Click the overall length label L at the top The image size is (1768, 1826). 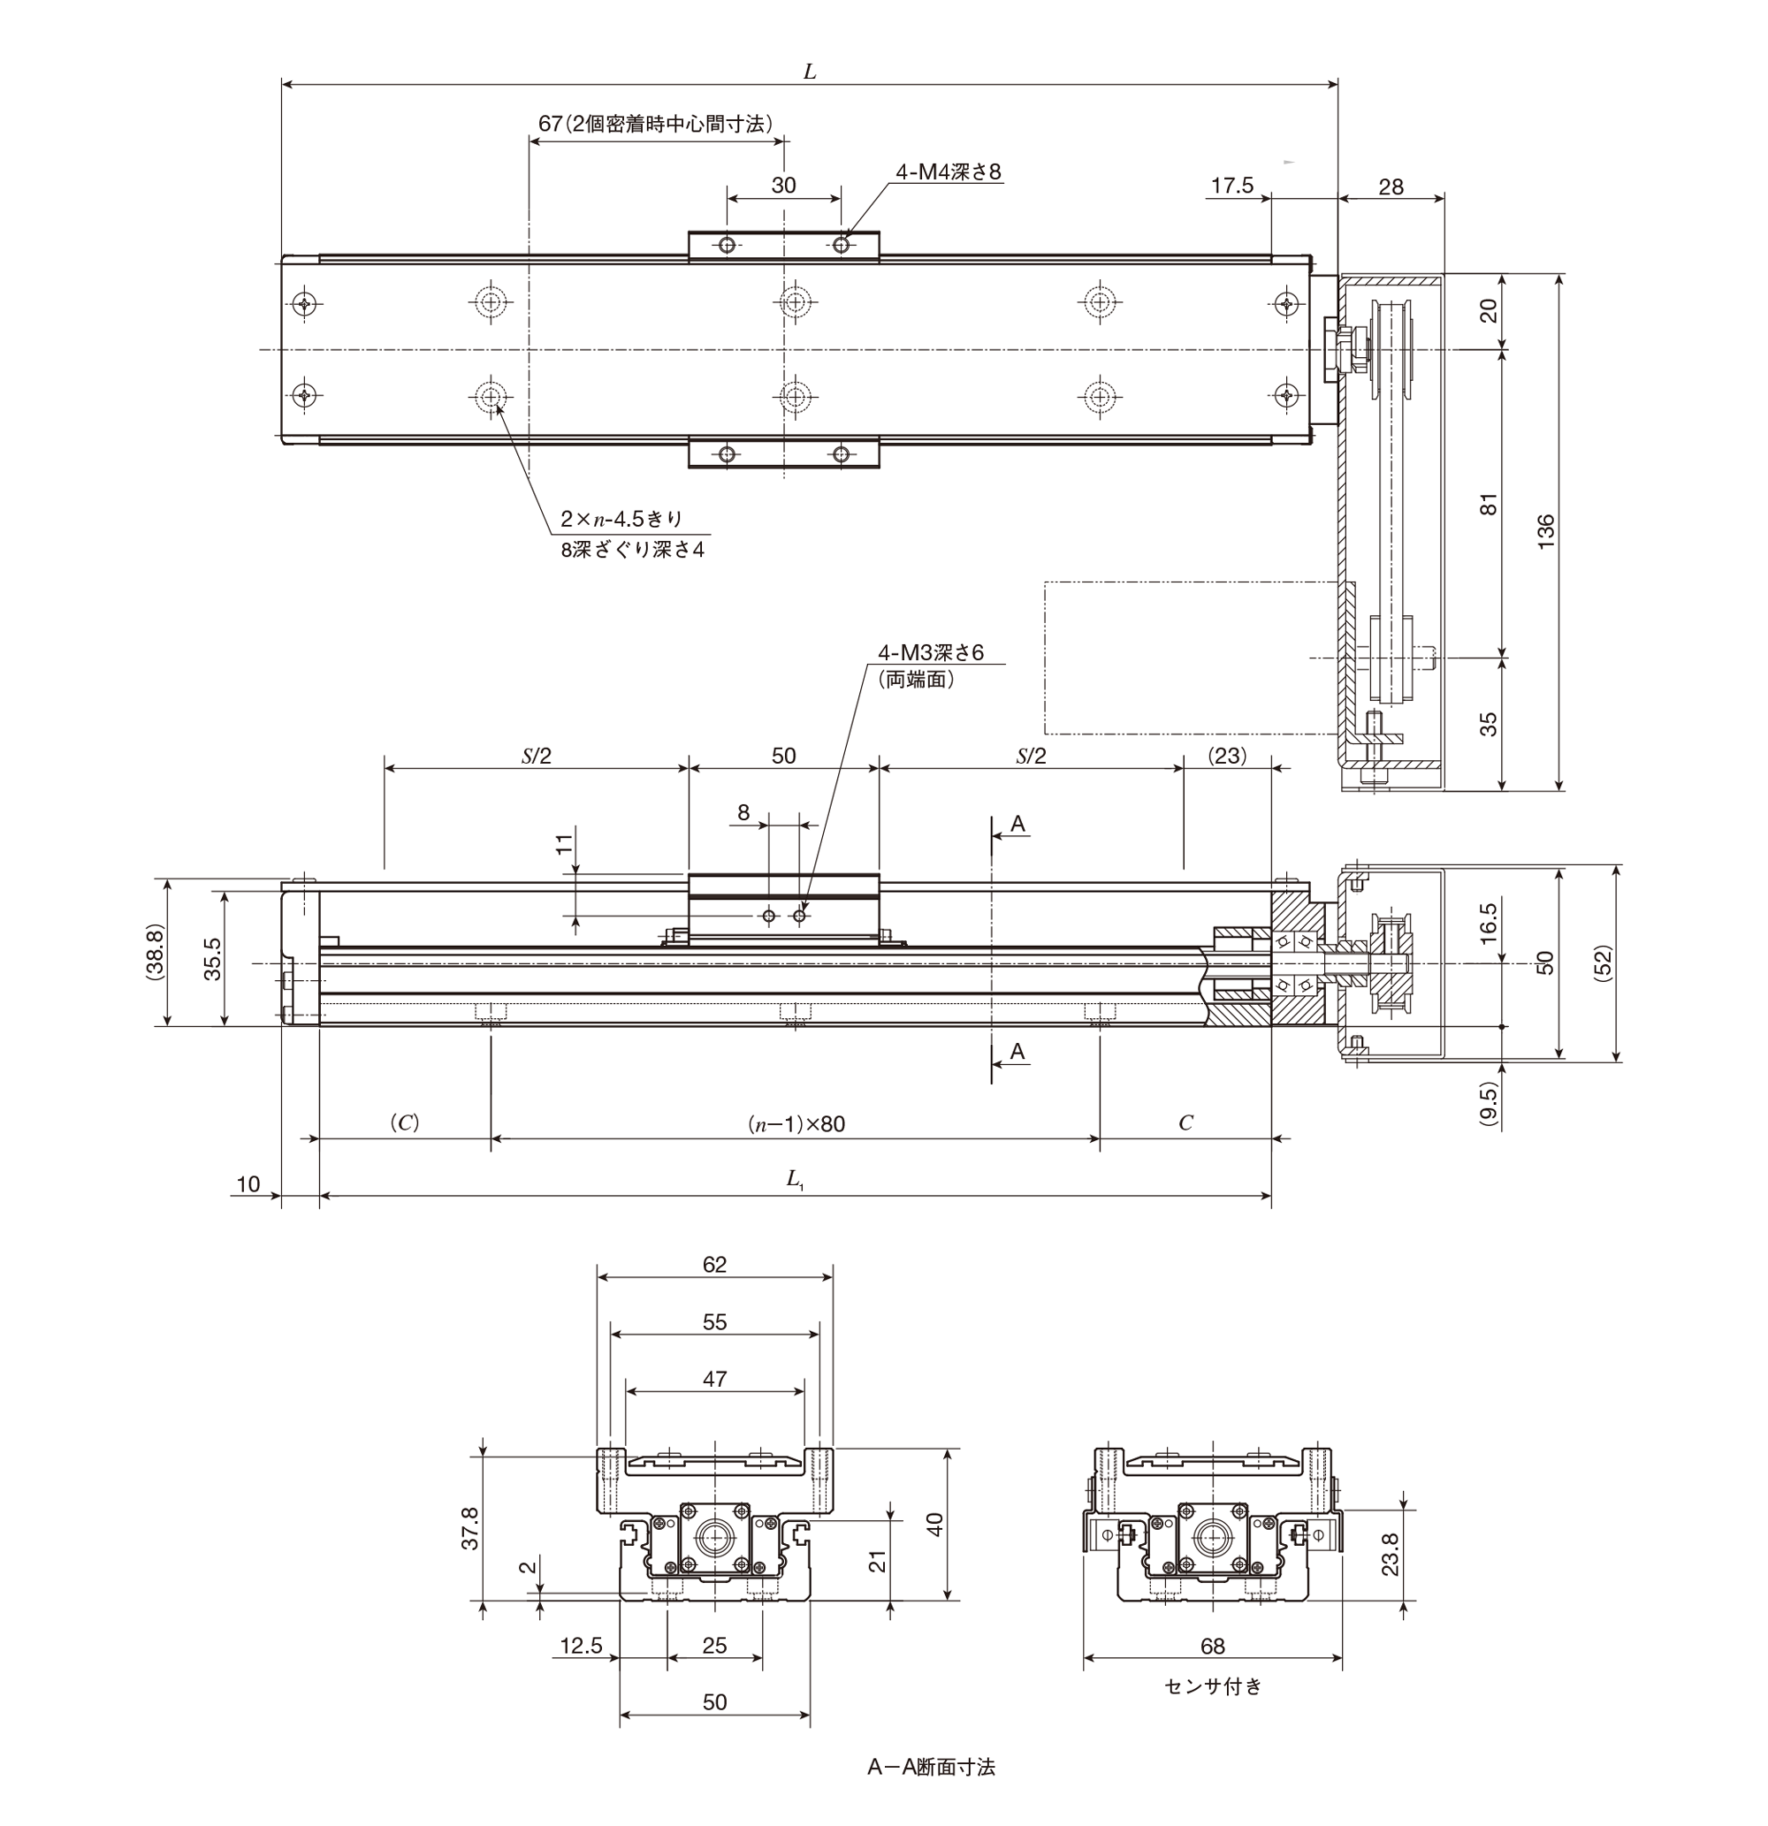click(x=809, y=72)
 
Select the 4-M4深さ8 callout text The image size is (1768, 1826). click(x=948, y=171)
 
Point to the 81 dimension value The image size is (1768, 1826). click(x=1490, y=504)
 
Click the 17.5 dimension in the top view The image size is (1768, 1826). click(x=1232, y=186)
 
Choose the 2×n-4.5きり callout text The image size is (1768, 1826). click(x=621, y=519)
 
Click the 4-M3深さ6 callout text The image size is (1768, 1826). click(x=930, y=652)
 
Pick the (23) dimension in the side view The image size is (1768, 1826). click(x=1226, y=756)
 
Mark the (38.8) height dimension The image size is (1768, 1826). click(x=155, y=952)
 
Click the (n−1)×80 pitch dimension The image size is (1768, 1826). click(x=796, y=1124)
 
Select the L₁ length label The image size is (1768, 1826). click(x=795, y=1179)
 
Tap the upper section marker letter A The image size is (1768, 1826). click(x=1017, y=824)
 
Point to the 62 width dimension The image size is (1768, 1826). click(x=714, y=1264)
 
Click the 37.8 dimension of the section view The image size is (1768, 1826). click(x=470, y=1528)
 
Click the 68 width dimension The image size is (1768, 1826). click(x=1212, y=1647)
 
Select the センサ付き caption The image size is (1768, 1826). click(x=1213, y=1685)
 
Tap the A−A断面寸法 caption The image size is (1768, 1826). click(x=931, y=1767)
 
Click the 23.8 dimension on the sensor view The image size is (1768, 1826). click(x=1390, y=1553)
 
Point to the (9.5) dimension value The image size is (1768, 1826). click(x=1489, y=1104)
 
